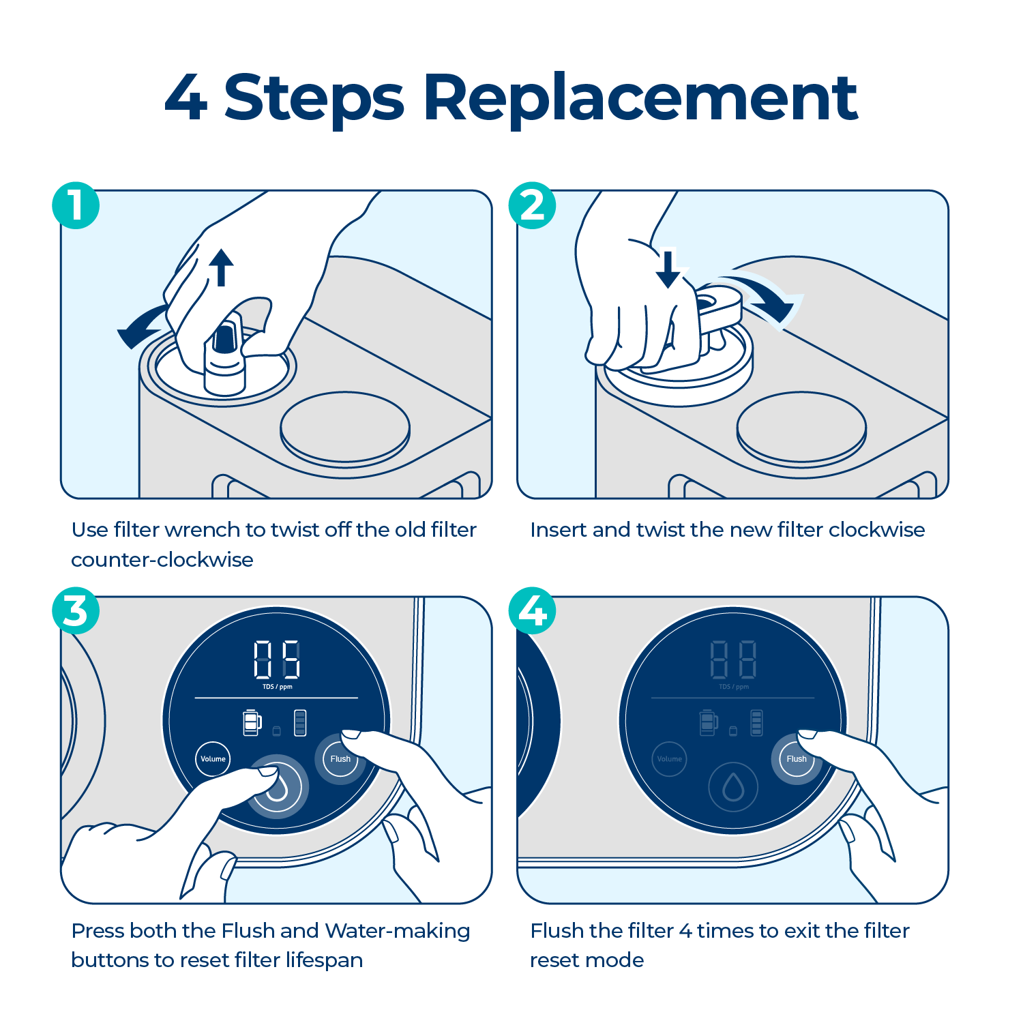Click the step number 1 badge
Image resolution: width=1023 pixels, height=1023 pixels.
pos(76,205)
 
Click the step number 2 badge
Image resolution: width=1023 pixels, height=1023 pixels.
pos(532,205)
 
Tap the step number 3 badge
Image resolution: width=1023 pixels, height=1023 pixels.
pos(76,610)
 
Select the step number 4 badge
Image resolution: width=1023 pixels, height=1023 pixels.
pos(532,610)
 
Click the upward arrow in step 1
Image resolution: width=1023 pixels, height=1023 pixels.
pos(220,267)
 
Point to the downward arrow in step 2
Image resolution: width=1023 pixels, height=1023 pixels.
pos(668,269)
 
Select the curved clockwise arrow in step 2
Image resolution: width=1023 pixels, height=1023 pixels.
pos(767,297)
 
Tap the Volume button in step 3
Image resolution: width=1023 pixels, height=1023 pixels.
pos(213,759)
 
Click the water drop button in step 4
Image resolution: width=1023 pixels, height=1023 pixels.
pos(733,787)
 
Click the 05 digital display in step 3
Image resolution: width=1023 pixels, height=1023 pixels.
pos(277,659)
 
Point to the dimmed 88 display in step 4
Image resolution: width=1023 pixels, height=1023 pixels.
pos(733,659)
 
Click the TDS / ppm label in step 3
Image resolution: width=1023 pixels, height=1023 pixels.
pos(277,687)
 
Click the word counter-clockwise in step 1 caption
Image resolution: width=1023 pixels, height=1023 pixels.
pos(162,560)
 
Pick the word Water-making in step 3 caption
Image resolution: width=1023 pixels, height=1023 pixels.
pos(397,931)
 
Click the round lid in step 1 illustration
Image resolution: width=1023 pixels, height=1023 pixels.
pos(345,428)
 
